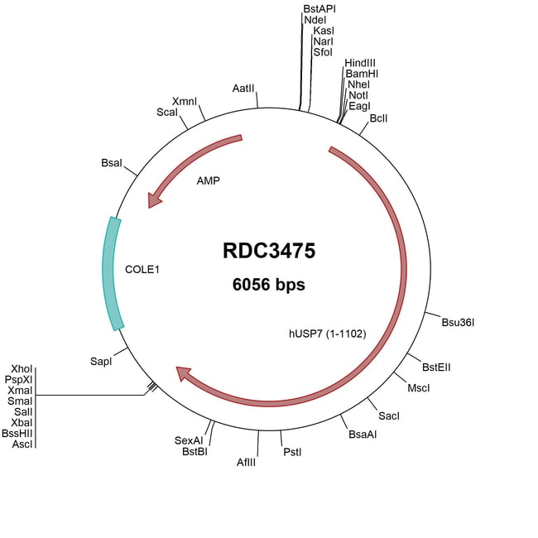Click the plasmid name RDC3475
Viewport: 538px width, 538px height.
269,251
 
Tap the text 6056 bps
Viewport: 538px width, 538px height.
269,286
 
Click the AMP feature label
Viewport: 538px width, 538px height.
209,180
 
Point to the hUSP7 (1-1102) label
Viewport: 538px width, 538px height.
323,334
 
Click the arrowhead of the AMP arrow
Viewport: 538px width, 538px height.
154,202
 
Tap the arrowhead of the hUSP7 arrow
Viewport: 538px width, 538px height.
184,377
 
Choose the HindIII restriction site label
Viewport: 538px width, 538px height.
361,63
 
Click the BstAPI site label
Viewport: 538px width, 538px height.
319,8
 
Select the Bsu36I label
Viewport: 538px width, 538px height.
458,322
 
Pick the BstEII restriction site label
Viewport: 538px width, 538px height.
436,367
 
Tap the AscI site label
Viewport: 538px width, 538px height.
23,444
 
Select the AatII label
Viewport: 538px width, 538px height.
243,88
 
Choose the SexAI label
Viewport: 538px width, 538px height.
189,440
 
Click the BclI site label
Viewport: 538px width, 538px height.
379,119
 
